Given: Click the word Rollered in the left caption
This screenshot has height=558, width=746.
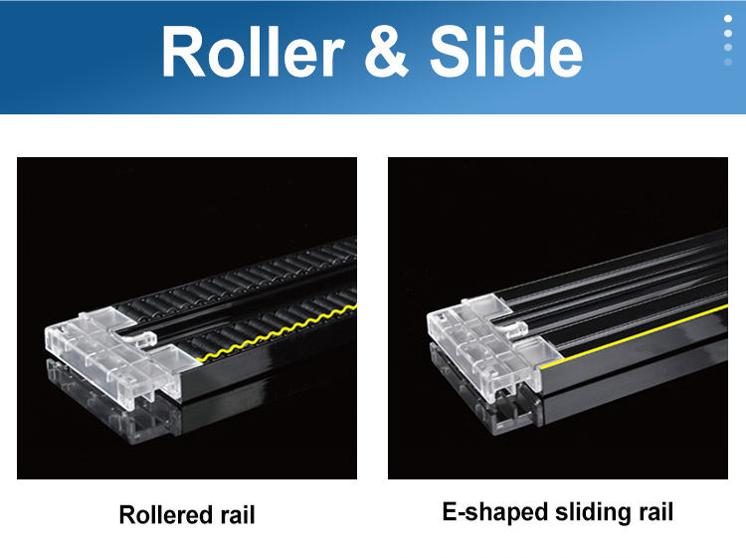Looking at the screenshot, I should (x=163, y=515).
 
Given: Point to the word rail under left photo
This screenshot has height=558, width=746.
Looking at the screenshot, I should (x=234, y=515).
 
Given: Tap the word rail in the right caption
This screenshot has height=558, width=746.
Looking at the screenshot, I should (x=653, y=512).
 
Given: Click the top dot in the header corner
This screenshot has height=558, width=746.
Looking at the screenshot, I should (x=727, y=18).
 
